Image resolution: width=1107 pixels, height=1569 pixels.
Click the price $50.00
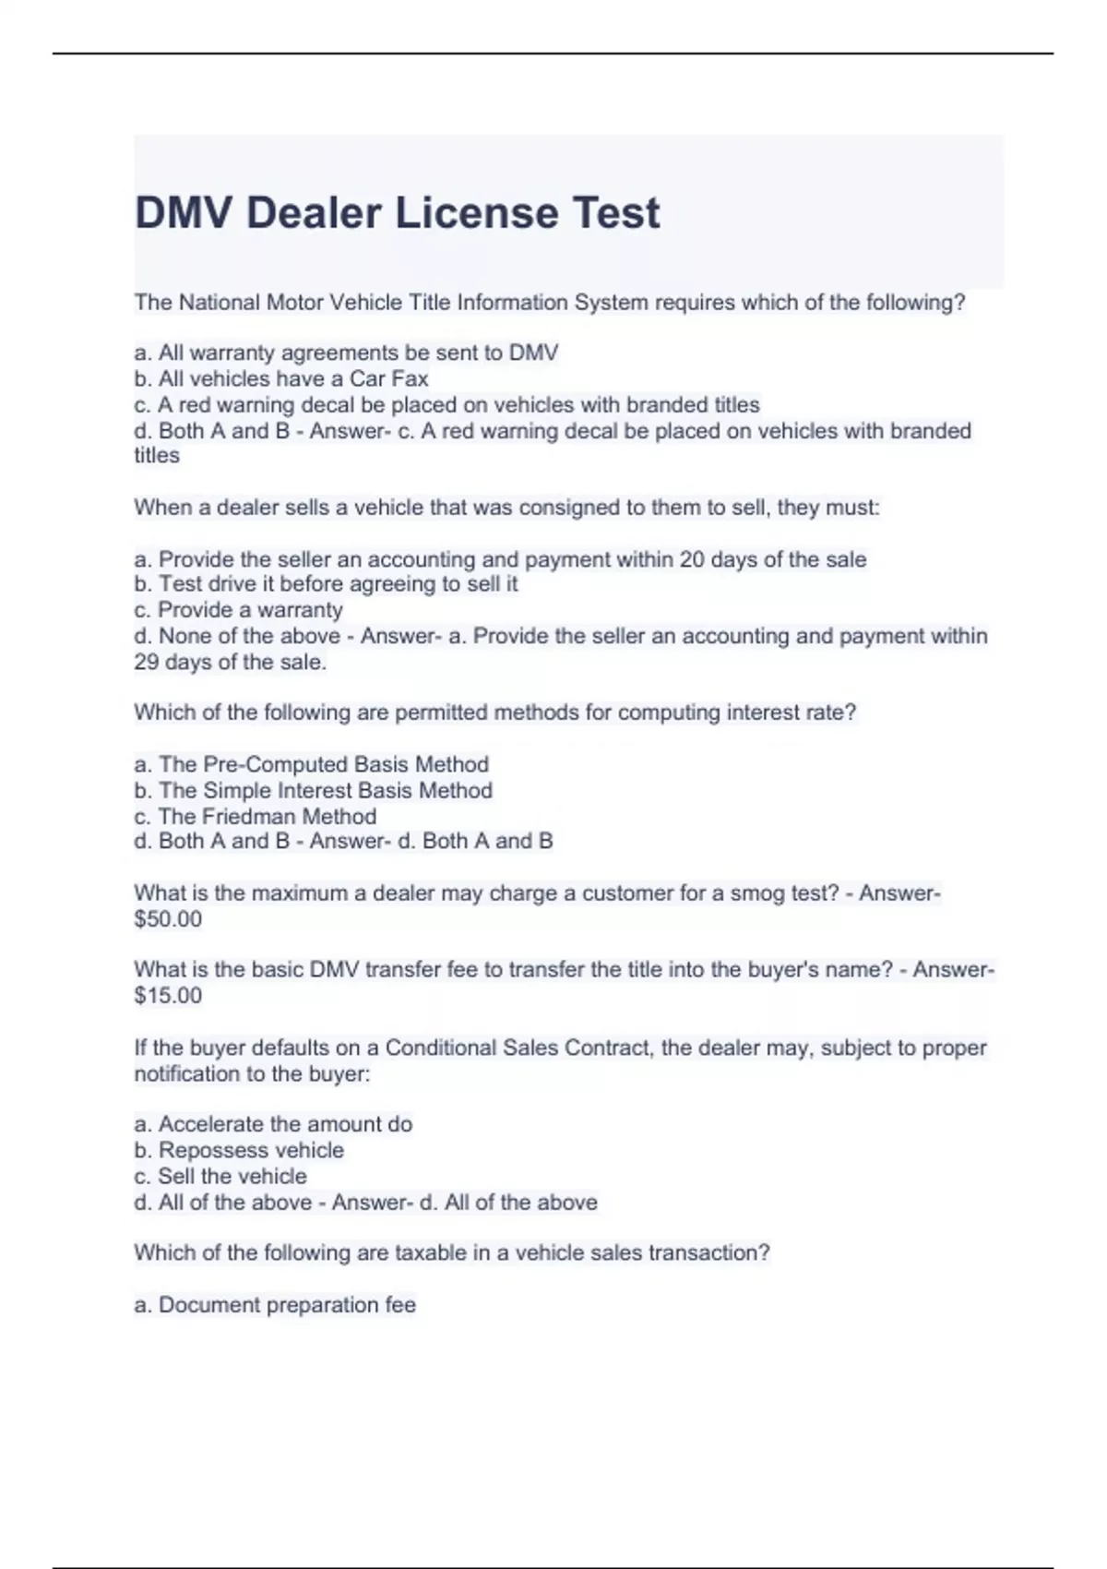[x=168, y=919]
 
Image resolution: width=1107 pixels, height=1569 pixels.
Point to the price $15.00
[x=168, y=996]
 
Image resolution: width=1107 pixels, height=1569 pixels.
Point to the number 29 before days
[x=147, y=662]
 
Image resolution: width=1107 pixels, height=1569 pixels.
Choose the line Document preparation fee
[x=275, y=1305]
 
